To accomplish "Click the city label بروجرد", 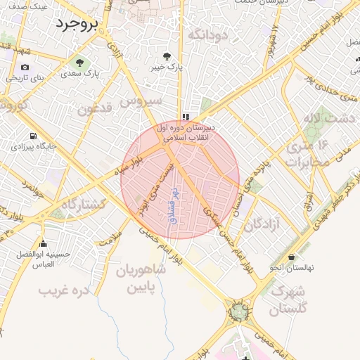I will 78,25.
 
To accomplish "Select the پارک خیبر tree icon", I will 167,56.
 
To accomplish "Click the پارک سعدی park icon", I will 79,61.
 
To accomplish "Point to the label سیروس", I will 141,101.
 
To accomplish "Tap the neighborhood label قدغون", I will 96,110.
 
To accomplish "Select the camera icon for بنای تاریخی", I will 25,67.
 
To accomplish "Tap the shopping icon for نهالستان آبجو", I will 290,257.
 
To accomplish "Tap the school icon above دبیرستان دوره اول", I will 186,117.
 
